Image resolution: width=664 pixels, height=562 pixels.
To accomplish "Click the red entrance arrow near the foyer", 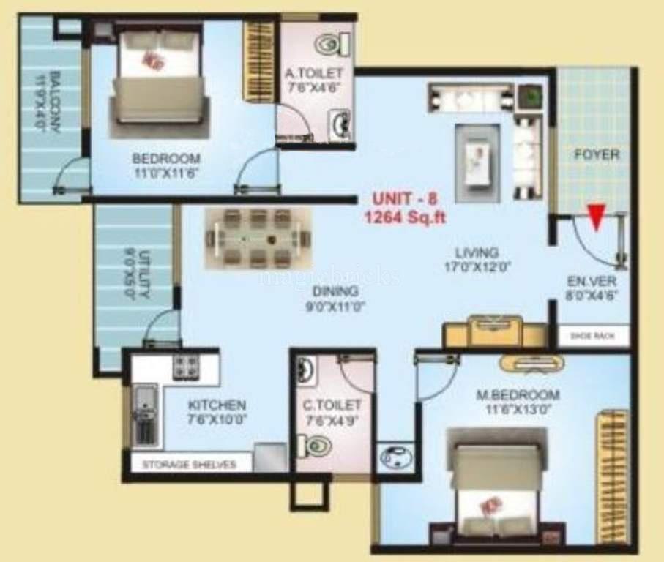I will click(597, 217).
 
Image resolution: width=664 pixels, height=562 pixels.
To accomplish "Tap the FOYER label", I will click(596, 155).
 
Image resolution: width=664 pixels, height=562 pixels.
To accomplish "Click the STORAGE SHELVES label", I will click(189, 465).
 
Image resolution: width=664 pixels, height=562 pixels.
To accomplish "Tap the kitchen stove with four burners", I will click(186, 367).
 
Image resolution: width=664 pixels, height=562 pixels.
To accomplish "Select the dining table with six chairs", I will click(258, 239).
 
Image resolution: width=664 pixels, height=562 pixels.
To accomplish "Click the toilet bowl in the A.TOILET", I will click(329, 45).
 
